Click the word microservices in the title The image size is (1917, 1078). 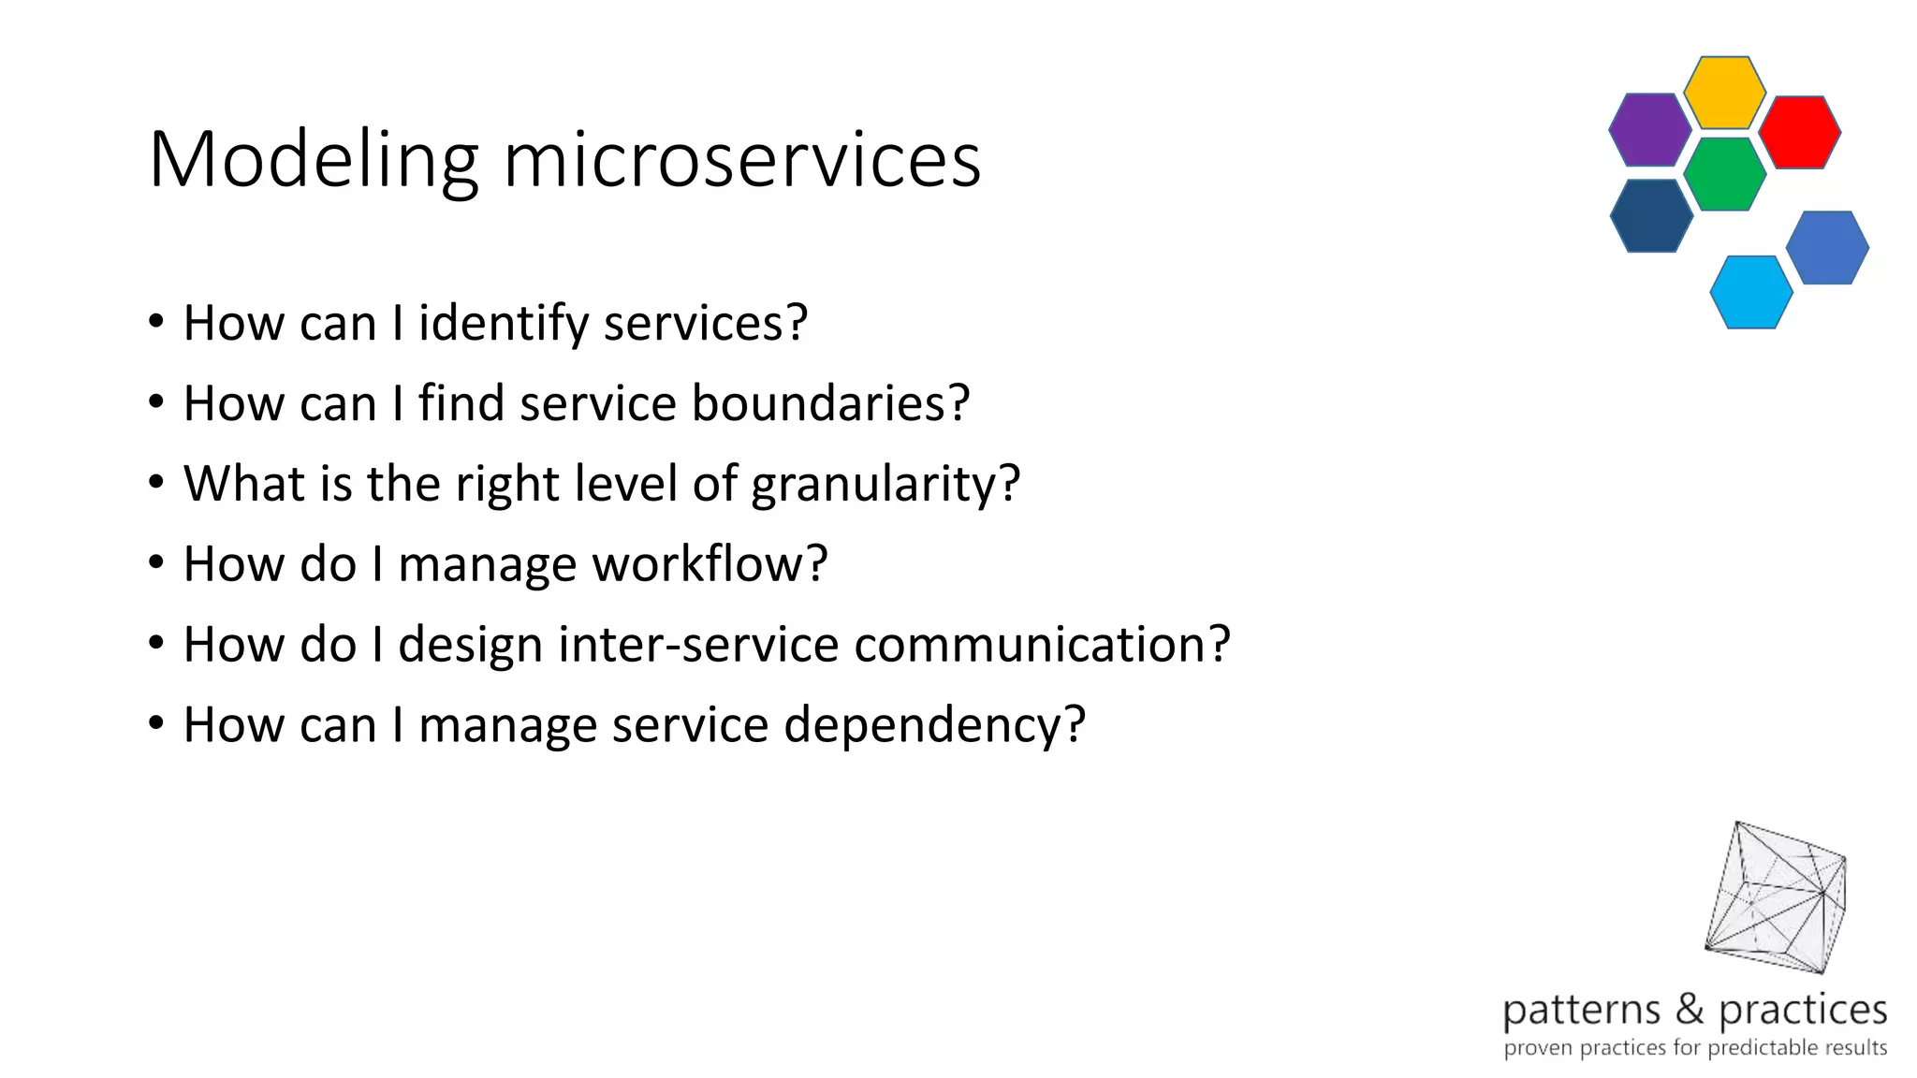pyautogui.click(x=741, y=161)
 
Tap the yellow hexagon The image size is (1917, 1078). pyautogui.click(x=1724, y=92)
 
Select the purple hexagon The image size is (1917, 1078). pyautogui.click(x=1649, y=130)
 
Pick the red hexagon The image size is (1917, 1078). pyautogui.click(x=1799, y=132)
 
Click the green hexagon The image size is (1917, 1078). pyautogui.click(x=1724, y=174)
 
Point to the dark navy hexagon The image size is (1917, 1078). pyautogui.click(x=1651, y=215)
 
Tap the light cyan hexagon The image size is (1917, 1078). pyautogui.click(x=1750, y=292)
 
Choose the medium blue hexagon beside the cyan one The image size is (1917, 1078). pyautogui.click(x=1827, y=247)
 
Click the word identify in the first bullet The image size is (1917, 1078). pyautogui.click(x=503, y=324)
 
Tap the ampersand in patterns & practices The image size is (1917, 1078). pyautogui.click(x=1690, y=1009)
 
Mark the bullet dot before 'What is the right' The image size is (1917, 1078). pyautogui.click(x=156, y=483)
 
